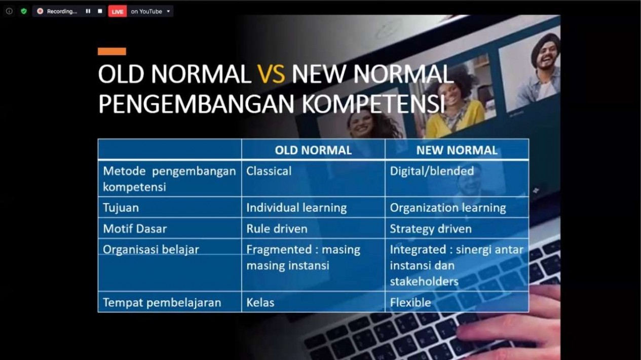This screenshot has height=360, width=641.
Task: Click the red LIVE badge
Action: coord(118,12)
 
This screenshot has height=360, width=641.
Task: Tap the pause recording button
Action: coord(88,11)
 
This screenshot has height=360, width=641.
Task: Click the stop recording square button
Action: coord(100,11)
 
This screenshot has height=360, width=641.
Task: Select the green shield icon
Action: coord(24,11)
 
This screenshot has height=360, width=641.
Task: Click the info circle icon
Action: coord(9,11)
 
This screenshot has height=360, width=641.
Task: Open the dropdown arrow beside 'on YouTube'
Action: coord(168,12)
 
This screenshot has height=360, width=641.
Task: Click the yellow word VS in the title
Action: coord(271,74)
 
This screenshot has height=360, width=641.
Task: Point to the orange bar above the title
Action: coord(112,52)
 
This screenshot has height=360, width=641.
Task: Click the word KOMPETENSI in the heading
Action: coord(373,104)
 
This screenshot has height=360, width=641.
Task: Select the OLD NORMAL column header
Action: coord(313,150)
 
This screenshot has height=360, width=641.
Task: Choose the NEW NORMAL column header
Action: coord(457,150)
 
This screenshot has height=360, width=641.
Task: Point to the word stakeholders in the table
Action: coord(424,282)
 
